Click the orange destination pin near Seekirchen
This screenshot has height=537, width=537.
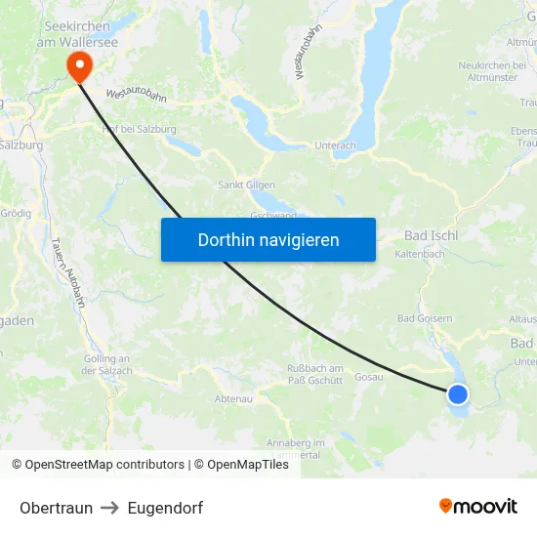pyautogui.click(x=77, y=65)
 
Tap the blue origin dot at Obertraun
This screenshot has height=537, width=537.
pyautogui.click(x=457, y=394)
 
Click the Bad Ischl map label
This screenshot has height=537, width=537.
pyautogui.click(x=431, y=235)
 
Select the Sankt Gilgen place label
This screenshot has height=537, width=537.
pyautogui.click(x=246, y=185)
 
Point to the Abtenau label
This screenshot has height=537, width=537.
pyautogui.click(x=233, y=398)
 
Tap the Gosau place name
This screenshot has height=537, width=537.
pyautogui.click(x=368, y=377)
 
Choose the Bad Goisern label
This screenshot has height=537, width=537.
pyautogui.click(x=425, y=318)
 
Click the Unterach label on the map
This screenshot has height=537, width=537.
pyautogui.click(x=335, y=145)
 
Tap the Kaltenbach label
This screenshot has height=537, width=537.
pyautogui.click(x=420, y=254)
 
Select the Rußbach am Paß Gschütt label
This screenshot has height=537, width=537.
pyautogui.click(x=314, y=374)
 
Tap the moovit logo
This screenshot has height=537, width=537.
pyautogui.click(x=477, y=506)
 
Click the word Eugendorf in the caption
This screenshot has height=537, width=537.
pyautogui.click(x=165, y=508)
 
